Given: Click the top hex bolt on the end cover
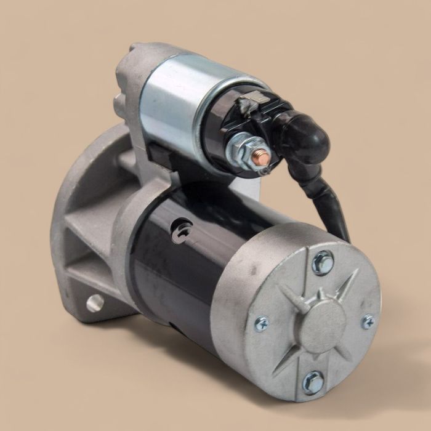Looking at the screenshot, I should pos(322,262).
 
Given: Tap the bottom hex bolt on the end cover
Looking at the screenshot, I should pos(313,382).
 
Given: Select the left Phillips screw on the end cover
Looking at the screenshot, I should pos(261,323).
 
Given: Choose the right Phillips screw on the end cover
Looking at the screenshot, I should pos(368,321).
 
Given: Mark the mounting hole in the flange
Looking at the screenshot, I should pos(95,302).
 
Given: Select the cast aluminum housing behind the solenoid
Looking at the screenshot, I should pos(132,74).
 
